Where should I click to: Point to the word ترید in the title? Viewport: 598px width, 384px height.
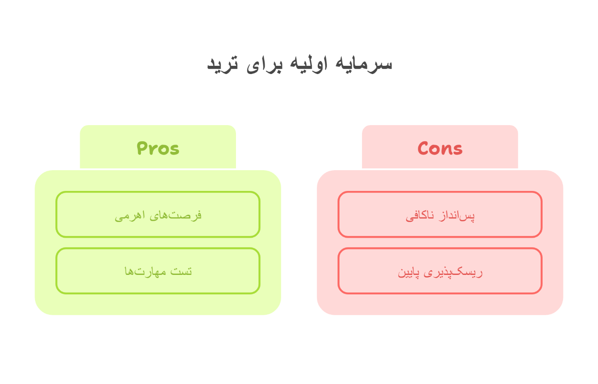point(223,64)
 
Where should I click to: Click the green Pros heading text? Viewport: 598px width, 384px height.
point(158,148)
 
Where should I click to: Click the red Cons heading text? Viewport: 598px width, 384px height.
point(440,148)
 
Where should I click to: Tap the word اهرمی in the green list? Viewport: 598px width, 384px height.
point(130,215)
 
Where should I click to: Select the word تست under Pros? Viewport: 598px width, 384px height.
point(181,271)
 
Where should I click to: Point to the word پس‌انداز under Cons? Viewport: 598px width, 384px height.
point(458,215)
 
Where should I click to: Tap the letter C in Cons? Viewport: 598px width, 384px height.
point(424,148)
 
